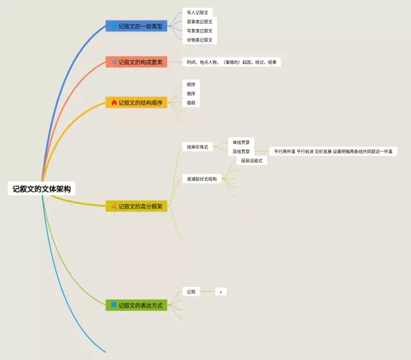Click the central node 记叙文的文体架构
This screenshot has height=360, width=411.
(x=42, y=189)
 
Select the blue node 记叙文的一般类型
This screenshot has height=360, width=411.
(x=137, y=26)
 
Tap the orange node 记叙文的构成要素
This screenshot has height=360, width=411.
(x=137, y=62)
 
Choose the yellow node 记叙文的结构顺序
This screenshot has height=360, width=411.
(x=137, y=102)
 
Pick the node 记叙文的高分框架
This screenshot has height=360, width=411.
(x=137, y=206)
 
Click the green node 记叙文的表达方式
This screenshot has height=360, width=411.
(x=137, y=305)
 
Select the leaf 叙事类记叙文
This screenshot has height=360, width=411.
(x=199, y=21)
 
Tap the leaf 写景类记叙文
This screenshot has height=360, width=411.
(x=199, y=30)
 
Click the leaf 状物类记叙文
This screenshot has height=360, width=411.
(x=199, y=40)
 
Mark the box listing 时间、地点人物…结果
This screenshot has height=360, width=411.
(x=232, y=62)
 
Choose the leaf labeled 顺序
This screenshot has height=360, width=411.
(x=191, y=84)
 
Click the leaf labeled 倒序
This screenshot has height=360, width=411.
(x=191, y=94)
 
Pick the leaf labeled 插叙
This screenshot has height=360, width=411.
(x=191, y=103)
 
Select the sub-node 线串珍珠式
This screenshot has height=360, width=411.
(x=197, y=147)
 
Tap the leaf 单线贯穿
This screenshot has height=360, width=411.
(x=241, y=142)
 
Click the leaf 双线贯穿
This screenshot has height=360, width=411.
(x=241, y=151)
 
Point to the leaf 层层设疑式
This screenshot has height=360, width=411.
(x=250, y=161)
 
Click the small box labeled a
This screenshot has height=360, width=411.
(x=220, y=291)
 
